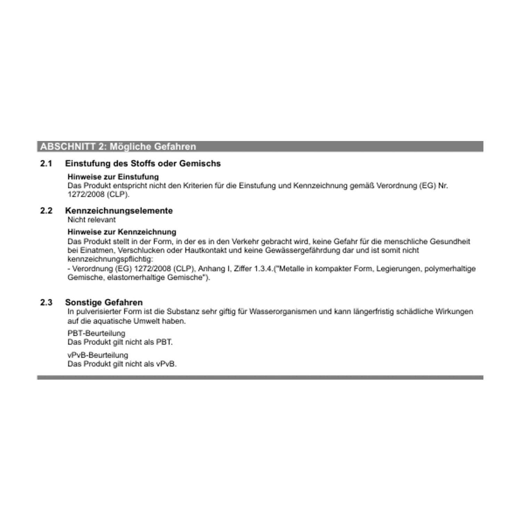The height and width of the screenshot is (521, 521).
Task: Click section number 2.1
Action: click(x=46, y=164)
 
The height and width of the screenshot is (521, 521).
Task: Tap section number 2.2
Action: click(x=46, y=211)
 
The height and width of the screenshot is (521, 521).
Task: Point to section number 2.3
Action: click(x=46, y=303)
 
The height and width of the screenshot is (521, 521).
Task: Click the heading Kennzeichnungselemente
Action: click(x=119, y=211)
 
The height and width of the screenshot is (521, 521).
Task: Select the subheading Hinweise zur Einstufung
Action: click(x=113, y=177)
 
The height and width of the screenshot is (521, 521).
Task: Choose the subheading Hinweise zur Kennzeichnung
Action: click(x=122, y=232)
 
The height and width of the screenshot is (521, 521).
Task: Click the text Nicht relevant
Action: click(x=91, y=220)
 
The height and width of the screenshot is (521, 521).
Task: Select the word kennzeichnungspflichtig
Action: click(x=110, y=259)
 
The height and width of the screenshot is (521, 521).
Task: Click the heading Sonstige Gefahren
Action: click(x=104, y=303)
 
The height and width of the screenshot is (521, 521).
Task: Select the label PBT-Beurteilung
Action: click(x=96, y=333)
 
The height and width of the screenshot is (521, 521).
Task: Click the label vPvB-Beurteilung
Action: click(x=98, y=355)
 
